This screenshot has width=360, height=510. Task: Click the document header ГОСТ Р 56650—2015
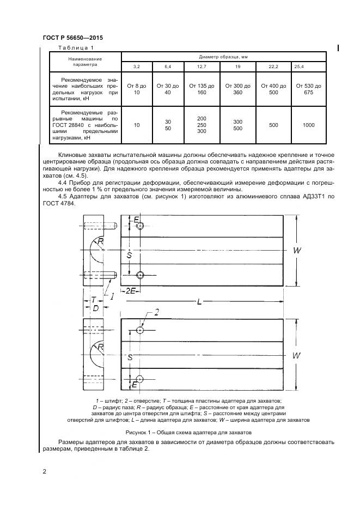(72, 38)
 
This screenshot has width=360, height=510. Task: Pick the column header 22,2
(273, 66)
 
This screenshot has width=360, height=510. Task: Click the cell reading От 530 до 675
(308, 89)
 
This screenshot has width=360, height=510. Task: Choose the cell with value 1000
(308, 125)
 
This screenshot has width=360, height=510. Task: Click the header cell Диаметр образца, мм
(224, 56)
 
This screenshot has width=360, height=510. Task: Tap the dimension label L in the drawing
(199, 301)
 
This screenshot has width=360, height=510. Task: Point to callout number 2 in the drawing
(157, 312)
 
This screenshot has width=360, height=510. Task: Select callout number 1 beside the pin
(112, 296)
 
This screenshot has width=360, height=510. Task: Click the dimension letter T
(94, 299)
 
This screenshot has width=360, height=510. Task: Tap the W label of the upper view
(297, 250)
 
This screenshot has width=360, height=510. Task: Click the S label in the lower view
(130, 357)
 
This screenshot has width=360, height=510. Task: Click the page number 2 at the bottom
(44, 472)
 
